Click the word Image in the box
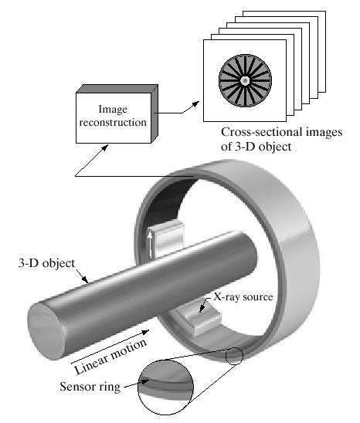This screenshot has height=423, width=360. tap(113, 110)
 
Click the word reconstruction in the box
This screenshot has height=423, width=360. tap(113, 123)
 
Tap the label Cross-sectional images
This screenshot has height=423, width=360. tap(282, 132)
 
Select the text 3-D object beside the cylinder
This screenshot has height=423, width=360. tap(46, 263)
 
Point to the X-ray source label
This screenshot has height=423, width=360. tap(243, 296)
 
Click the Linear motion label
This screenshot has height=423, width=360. tap(110, 356)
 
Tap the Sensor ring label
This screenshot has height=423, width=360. tap(90, 387)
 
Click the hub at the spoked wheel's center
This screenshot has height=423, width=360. tap(245, 80)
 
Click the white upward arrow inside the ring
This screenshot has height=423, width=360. tap(150, 245)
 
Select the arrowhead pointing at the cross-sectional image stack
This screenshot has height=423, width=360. tap(195, 103)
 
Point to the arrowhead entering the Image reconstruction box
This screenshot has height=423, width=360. tap(105, 147)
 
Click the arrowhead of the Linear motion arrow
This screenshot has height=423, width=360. tap(146, 332)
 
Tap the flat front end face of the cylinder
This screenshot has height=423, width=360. tap(45, 331)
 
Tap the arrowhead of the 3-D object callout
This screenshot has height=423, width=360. tap(85, 279)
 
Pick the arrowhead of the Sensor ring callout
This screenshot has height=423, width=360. tap(145, 382)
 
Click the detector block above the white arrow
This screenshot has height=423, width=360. tap(167, 238)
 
